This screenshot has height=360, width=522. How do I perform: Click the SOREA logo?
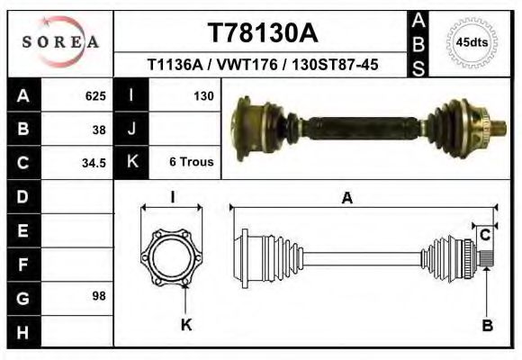[x=60, y=42]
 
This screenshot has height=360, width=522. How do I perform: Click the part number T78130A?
[x=262, y=33]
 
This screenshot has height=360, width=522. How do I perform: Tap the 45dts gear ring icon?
[x=472, y=41]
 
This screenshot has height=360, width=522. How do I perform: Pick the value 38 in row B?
[x=99, y=129]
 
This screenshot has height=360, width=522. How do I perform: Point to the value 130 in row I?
[x=202, y=94]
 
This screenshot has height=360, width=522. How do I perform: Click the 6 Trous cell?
[x=191, y=163]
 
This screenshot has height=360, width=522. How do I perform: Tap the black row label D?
[x=22, y=196]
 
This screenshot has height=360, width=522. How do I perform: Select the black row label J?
[x=132, y=129]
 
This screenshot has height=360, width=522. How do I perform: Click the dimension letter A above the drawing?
[x=346, y=200]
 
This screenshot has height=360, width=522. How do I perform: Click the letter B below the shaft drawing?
[x=487, y=326]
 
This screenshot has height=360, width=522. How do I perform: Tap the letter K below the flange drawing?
[x=186, y=325]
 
